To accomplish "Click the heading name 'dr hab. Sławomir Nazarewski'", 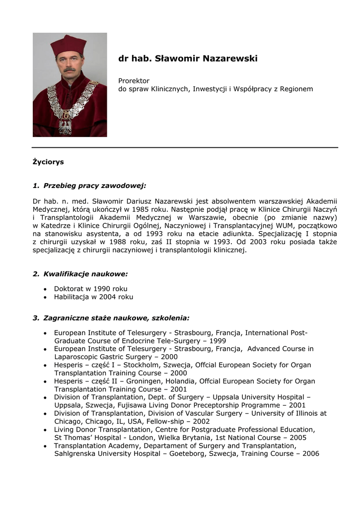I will [188, 59].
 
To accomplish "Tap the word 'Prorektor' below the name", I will [134, 81].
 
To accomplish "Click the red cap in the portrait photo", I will [68, 45].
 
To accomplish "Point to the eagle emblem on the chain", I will [65, 126].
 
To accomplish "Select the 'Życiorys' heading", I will [48, 162].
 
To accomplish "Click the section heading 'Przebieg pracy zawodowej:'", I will [94, 186].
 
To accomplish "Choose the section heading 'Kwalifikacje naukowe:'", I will [86, 274].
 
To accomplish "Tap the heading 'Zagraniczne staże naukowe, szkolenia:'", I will [116, 318].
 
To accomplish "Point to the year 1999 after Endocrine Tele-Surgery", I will [217, 341].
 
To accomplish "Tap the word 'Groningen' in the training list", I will [119, 381].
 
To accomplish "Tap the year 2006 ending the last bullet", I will [310, 453].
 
